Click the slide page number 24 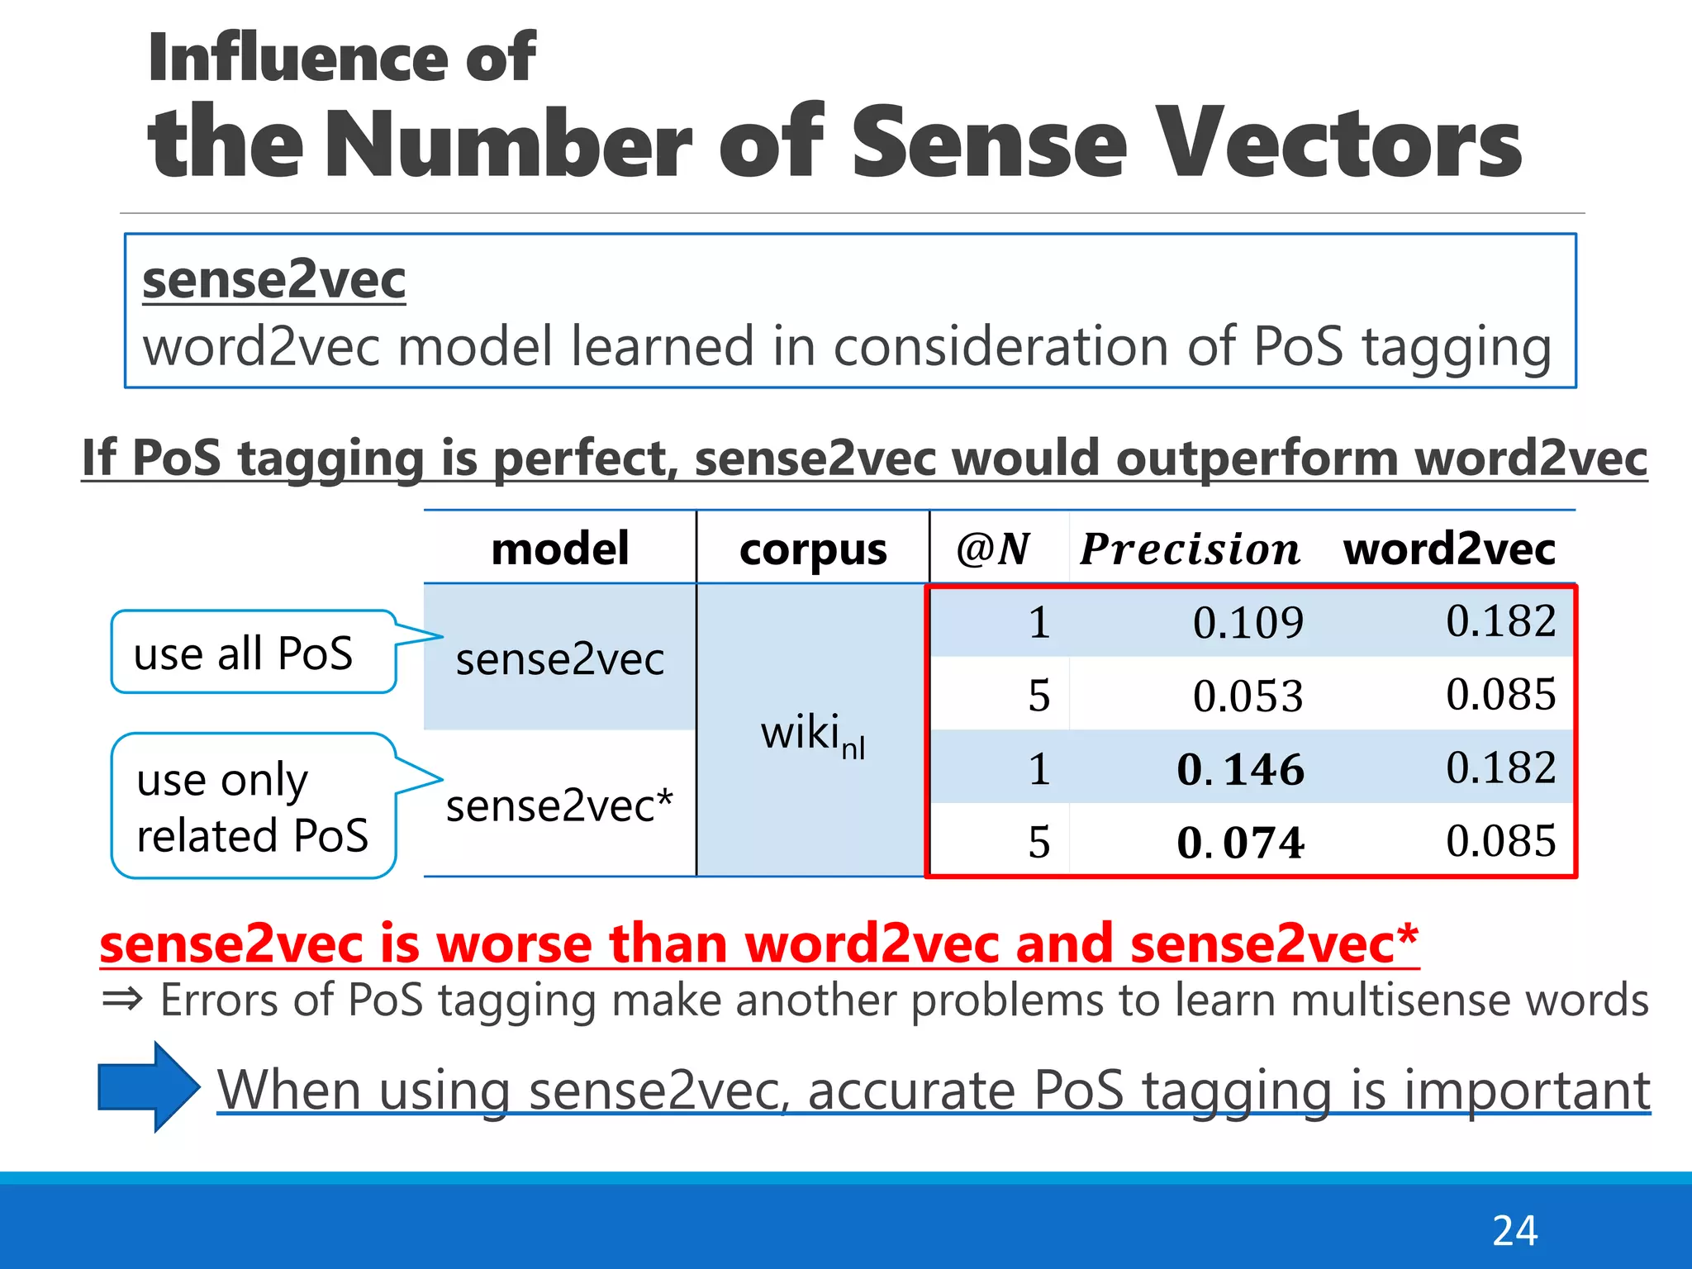(1514, 1231)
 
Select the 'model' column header (560, 549)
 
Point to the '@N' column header (993, 549)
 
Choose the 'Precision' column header (1190, 549)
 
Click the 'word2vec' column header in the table (1449, 549)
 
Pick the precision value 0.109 (1248, 622)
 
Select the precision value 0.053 (1248, 696)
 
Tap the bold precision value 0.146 (1241, 769)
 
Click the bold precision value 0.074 (1241, 843)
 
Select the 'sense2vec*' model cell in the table (559, 806)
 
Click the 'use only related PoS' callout (252, 806)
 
